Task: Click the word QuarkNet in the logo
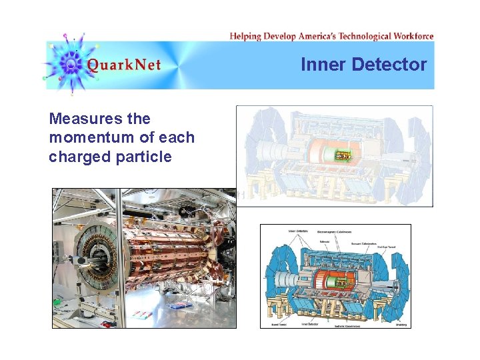tap(124, 65)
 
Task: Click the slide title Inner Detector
tap(363, 65)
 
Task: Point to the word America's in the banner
tap(311, 36)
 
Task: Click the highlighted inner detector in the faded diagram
tap(342, 156)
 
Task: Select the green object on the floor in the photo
tap(57, 301)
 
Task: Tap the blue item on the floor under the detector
tap(177, 305)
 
